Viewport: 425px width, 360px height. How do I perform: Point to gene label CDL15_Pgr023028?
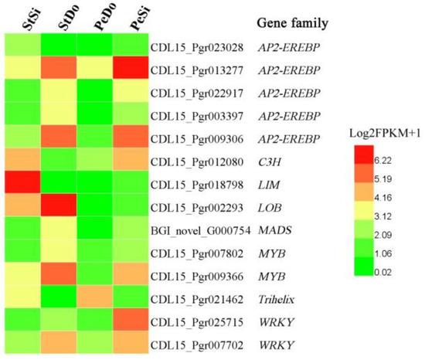196,46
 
